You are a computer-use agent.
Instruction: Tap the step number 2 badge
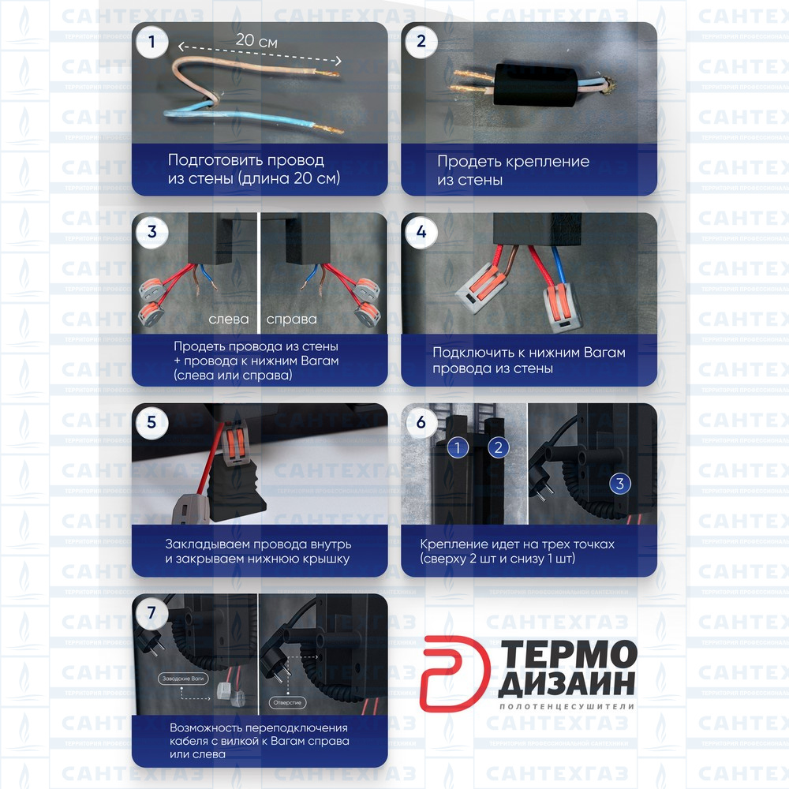coord(421,42)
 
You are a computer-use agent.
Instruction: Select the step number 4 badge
coord(421,232)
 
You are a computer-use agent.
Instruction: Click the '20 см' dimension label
coord(257,42)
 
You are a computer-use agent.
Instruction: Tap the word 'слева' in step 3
coord(229,320)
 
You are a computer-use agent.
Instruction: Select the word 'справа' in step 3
coord(291,320)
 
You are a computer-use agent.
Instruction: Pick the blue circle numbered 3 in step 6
coord(619,483)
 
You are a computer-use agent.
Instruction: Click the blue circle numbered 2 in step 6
coord(498,448)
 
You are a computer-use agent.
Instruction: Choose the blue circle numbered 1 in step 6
coord(458,448)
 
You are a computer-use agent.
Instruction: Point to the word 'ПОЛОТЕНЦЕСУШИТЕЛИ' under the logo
coord(567,707)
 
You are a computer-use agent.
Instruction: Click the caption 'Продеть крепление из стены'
coord(513,170)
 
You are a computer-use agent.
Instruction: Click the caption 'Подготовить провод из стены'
coord(253,170)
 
